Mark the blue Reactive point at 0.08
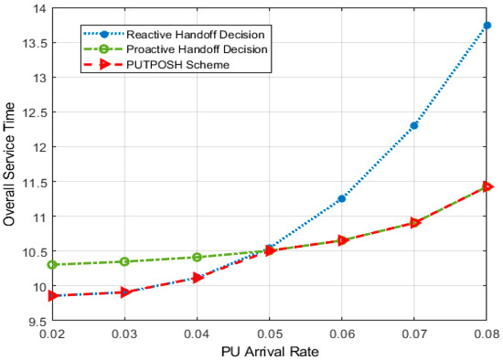pyautogui.click(x=487, y=26)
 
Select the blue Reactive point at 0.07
pyautogui.click(x=414, y=125)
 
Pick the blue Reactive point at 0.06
pyautogui.click(x=342, y=198)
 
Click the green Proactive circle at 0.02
pyautogui.click(x=52, y=265)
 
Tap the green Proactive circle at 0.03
pyautogui.click(x=124, y=261)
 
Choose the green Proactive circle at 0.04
pyautogui.click(x=197, y=257)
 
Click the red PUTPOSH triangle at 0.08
pyautogui.click(x=487, y=187)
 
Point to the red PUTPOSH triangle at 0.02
pyautogui.click(x=52, y=295)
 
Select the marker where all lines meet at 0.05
pyautogui.click(x=270, y=250)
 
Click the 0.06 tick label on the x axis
pyautogui.click(x=342, y=334)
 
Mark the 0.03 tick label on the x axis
pyautogui.click(x=124, y=334)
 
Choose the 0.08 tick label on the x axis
pyautogui.click(x=485, y=334)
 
